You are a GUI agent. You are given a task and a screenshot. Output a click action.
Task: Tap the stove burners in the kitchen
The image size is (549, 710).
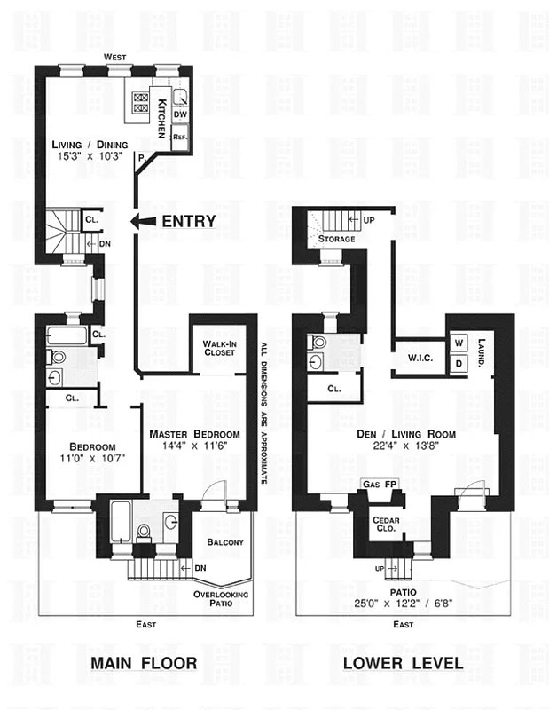coord(143,105)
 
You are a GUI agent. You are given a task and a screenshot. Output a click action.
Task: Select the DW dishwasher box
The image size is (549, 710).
coord(179,114)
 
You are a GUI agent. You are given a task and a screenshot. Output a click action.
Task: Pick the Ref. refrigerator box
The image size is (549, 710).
coord(179,137)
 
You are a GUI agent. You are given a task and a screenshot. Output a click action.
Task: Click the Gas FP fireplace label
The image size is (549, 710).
coord(379,484)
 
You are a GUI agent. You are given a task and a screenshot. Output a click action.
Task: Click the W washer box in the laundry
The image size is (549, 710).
coord(459,343)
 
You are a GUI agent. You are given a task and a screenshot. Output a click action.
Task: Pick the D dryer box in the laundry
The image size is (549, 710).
coord(459,364)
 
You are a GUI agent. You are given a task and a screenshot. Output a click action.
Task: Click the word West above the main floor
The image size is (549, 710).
coord(114,57)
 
